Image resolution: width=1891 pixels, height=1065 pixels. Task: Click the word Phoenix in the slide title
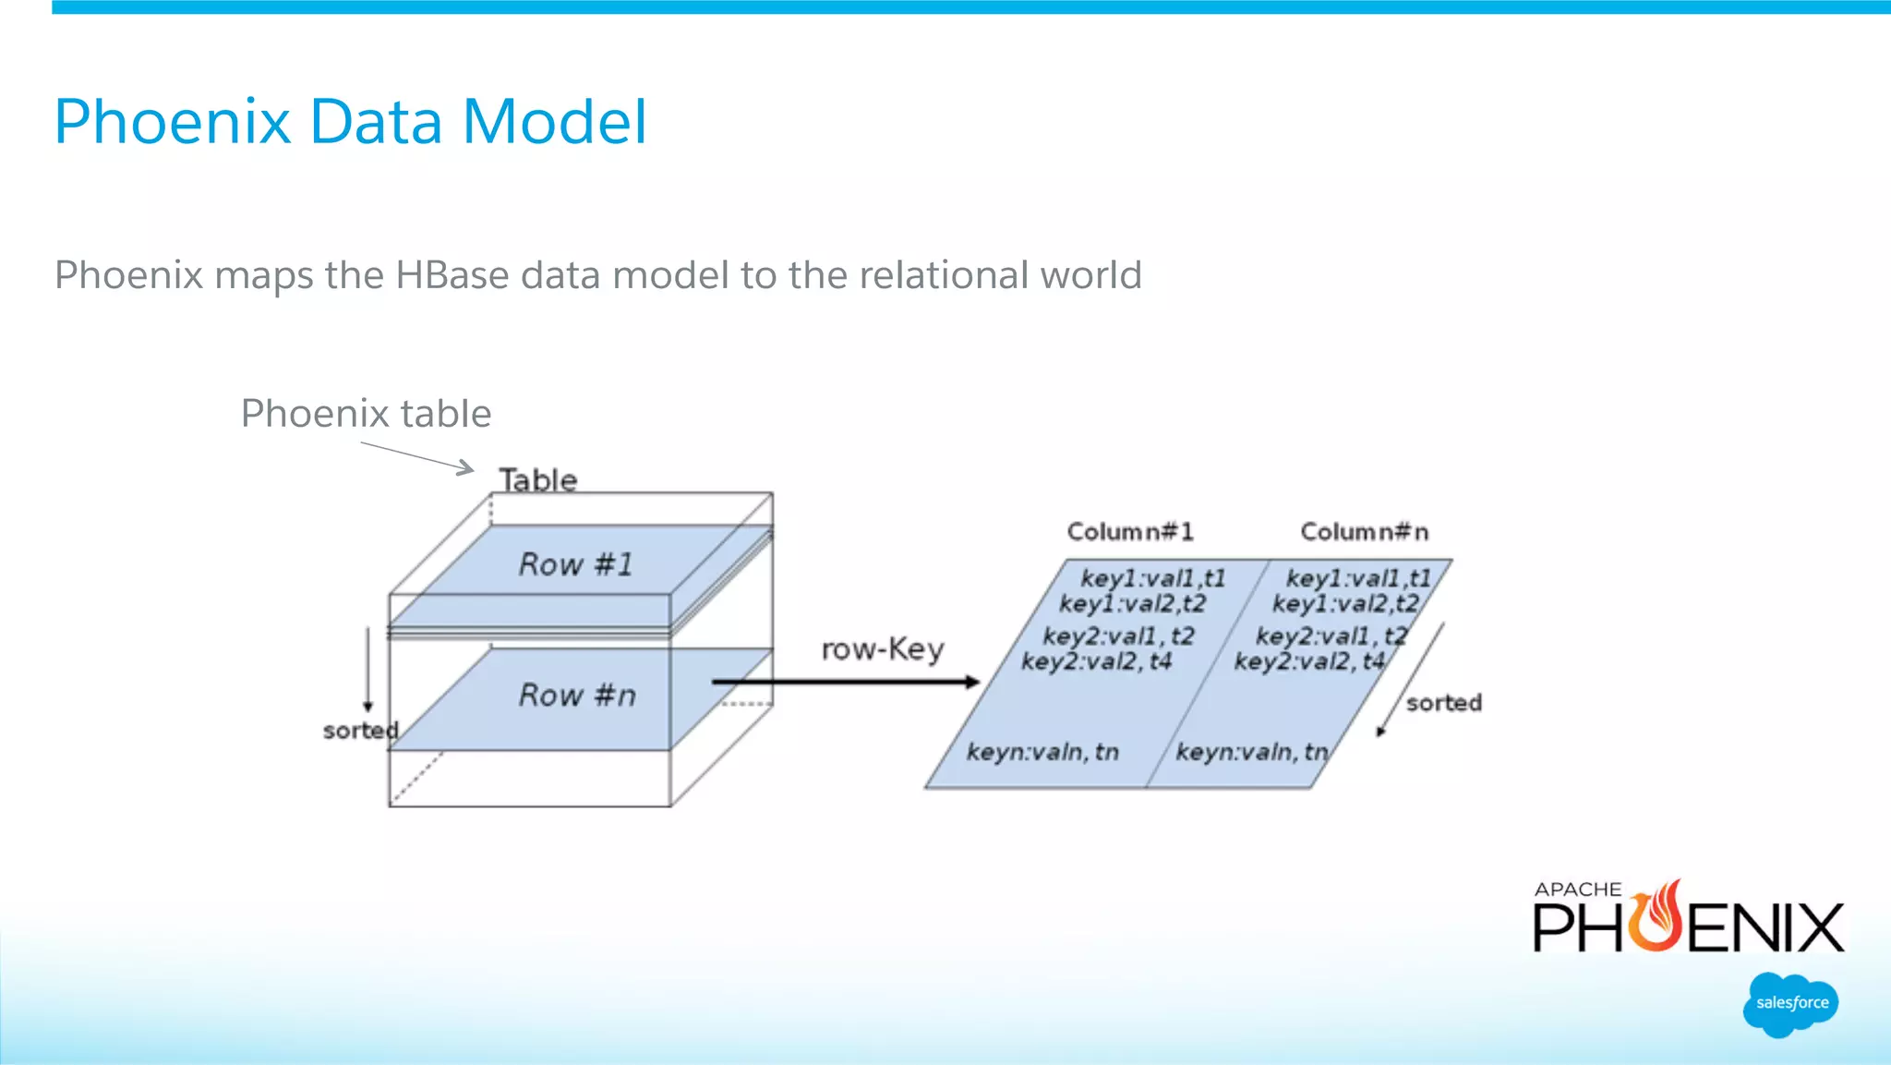click(x=173, y=122)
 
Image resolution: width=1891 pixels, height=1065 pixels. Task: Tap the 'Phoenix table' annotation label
click(x=366, y=413)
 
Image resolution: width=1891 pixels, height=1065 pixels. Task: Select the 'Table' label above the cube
click(x=538, y=479)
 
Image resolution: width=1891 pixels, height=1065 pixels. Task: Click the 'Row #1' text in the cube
click(x=576, y=564)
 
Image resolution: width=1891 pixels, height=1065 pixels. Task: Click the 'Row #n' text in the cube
click(x=577, y=695)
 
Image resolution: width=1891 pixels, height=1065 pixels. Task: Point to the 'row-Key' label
click(x=882, y=649)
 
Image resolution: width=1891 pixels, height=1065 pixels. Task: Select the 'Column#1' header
click(x=1129, y=532)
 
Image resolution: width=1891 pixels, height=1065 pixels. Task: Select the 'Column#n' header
click(x=1364, y=532)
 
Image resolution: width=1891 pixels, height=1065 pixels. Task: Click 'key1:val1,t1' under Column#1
click(x=1152, y=578)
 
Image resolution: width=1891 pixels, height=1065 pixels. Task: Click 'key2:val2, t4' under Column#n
click(x=1308, y=661)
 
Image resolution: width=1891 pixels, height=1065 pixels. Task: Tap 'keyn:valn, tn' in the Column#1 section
click(x=1042, y=752)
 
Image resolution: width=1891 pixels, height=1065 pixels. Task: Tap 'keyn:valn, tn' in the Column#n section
click(x=1251, y=752)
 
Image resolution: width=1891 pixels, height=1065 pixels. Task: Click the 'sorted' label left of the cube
click(x=359, y=731)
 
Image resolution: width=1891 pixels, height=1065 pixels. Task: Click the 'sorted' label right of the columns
click(x=1443, y=703)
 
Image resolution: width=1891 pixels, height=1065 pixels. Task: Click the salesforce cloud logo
click(x=1791, y=1003)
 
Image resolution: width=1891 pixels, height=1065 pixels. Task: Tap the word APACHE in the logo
click(x=1577, y=890)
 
